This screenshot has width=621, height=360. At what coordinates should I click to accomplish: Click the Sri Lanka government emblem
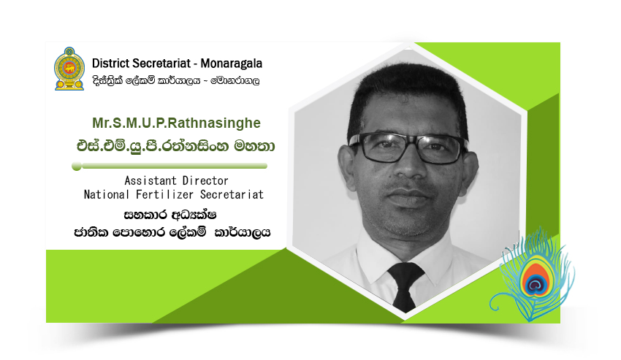tap(69, 69)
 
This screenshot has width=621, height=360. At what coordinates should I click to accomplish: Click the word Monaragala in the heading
tap(232, 64)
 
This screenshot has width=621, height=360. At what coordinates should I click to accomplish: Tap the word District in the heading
tap(110, 64)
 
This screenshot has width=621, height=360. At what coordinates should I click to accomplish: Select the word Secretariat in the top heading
tap(161, 64)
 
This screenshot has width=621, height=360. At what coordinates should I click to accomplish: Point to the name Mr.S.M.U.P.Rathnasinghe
tap(176, 123)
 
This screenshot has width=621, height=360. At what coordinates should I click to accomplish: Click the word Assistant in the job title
tap(151, 181)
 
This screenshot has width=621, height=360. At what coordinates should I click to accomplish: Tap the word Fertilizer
tap(164, 194)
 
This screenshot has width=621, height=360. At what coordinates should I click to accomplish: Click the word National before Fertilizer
tap(106, 194)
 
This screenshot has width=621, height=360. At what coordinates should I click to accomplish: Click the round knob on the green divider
tap(77, 166)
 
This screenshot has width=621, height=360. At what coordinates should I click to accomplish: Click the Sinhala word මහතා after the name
tap(254, 146)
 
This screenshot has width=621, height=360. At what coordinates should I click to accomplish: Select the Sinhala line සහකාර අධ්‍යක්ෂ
tap(170, 215)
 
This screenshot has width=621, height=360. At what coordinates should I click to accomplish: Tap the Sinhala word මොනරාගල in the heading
tap(236, 81)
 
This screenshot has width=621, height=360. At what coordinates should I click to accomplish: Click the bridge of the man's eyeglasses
tap(411, 143)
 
